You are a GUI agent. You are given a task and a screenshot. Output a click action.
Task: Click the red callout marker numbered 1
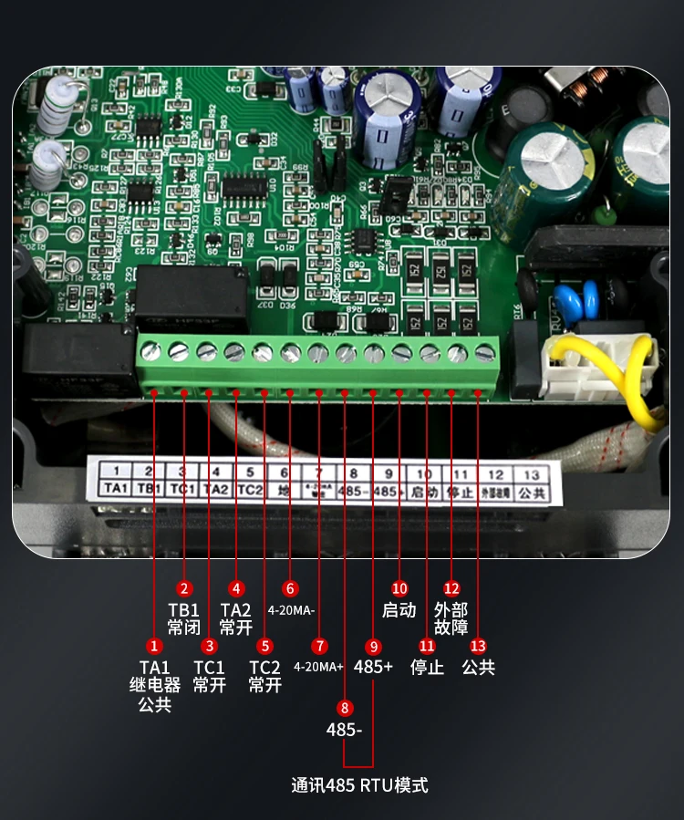click(154, 646)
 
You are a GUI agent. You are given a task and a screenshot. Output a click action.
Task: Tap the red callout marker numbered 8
click(344, 707)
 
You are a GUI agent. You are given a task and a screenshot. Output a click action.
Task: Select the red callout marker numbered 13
click(478, 646)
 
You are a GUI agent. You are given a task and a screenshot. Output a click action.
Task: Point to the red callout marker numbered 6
click(290, 588)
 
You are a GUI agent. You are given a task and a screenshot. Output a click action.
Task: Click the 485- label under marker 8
click(345, 730)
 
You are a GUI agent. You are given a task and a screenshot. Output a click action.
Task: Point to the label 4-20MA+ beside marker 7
click(318, 667)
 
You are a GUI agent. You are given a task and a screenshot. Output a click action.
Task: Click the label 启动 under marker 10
click(399, 609)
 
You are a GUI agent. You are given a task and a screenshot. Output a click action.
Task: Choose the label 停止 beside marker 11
click(427, 667)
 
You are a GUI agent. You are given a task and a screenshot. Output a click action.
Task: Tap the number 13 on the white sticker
click(532, 474)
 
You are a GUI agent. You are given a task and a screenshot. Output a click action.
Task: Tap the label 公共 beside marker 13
click(478, 667)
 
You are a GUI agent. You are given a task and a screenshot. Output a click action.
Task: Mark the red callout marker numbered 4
click(236, 588)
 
